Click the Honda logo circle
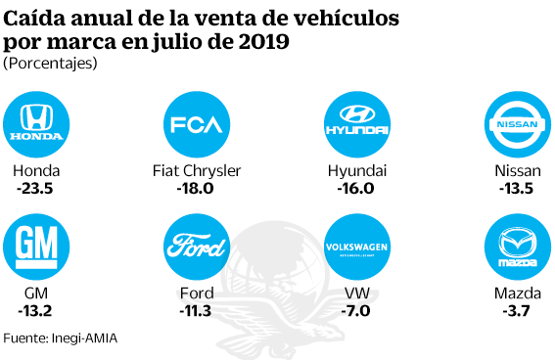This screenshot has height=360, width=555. (x=35, y=125)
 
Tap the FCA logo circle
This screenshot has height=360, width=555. (x=198, y=125)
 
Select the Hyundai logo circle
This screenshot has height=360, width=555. (x=357, y=125)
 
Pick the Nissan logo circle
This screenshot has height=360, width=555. (x=518, y=125)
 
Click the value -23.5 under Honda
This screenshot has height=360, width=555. (x=35, y=189)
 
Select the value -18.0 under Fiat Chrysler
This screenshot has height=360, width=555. (x=196, y=189)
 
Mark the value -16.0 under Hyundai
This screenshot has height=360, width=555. (x=357, y=189)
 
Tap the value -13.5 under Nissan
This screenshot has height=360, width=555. (x=518, y=189)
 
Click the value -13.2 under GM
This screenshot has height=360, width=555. (x=35, y=312)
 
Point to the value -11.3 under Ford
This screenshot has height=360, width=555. (x=197, y=312)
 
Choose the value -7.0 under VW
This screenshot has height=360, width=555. (x=357, y=312)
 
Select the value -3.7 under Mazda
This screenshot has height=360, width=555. (x=518, y=312)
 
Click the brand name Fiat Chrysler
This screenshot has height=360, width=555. (x=197, y=171)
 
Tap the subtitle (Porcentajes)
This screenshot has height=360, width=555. (x=50, y=64)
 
